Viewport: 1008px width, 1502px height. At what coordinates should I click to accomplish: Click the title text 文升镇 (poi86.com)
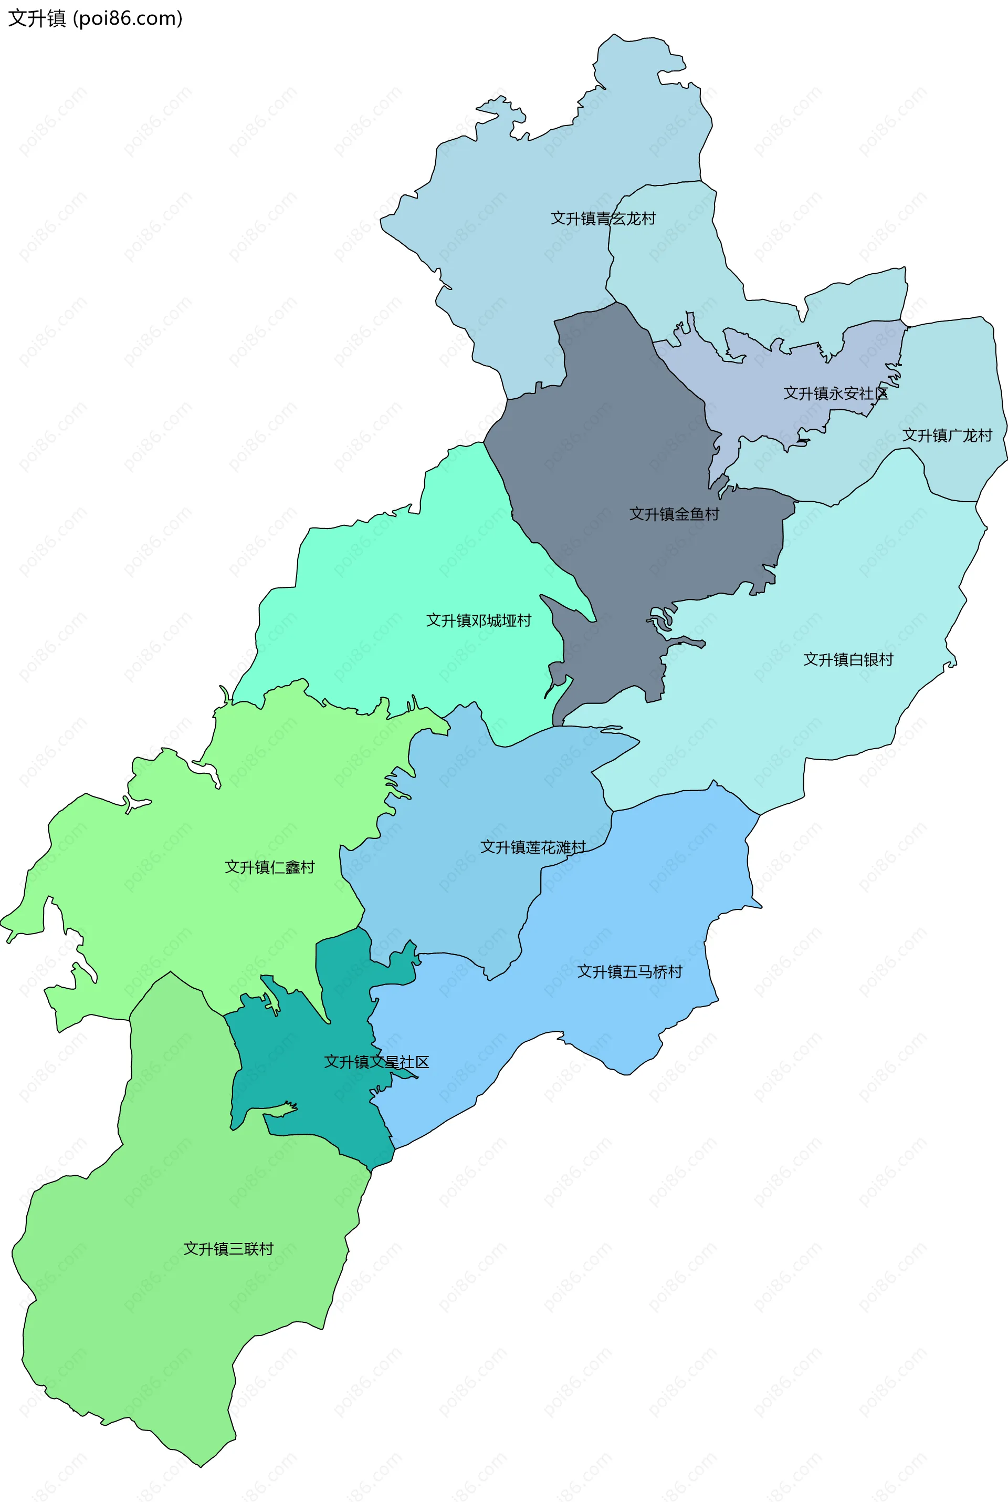pyautogui.click(x=95, y=18)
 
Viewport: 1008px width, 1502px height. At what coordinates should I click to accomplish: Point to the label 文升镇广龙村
pyautogui.click(x=947, y=436)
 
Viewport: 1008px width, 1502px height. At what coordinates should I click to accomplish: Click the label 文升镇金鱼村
pyautogui.click(x=674, y=514)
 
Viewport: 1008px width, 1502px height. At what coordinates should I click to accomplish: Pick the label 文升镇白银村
pyautogui.click(x=848, y=659)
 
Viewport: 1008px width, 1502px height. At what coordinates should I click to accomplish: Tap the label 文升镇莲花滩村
pyautogui.click(x=533, y=847)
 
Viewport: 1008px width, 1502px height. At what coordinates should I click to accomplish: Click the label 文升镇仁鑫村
pyautogui.click(x=269, y=867)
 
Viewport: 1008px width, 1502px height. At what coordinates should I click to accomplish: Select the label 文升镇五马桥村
pyautogui.click(x=629, y=971)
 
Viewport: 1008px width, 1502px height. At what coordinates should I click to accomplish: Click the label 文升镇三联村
pyautogui.click(x=228, y=1249)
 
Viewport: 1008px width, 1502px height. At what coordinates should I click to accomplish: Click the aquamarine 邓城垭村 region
pyautogui.click(x=398, y=579)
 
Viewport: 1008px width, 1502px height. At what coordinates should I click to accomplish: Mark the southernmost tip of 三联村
pyautogui.click(x=201, y=1467)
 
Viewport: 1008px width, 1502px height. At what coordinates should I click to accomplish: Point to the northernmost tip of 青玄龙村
pyautogui.click(x=614, y=34)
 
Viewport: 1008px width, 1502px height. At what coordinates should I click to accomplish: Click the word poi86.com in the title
pyautogui.click(x=128, y=18)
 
